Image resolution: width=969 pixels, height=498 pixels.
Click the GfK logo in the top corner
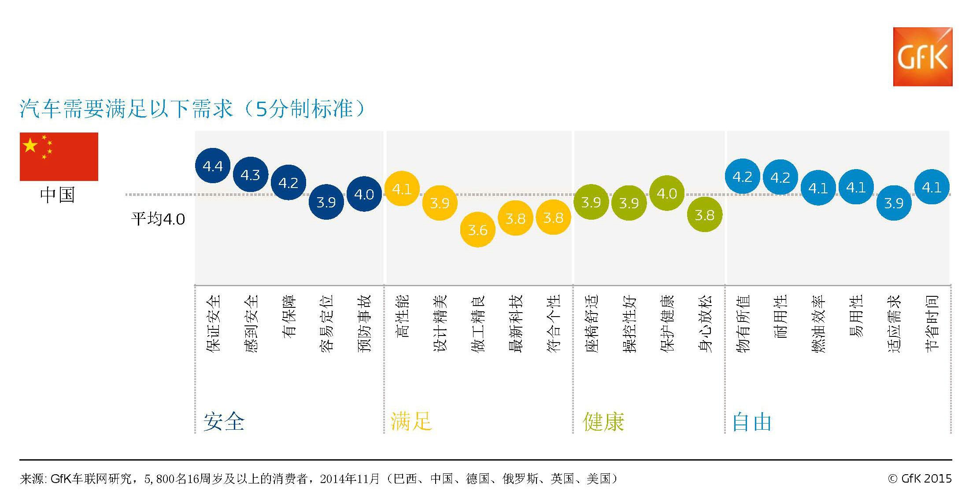pos(922,57)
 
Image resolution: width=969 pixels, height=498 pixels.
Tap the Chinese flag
pos(59,157)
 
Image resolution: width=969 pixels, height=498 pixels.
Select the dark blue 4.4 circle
pos(213,166)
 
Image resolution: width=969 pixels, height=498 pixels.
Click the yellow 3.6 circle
pos(477,229)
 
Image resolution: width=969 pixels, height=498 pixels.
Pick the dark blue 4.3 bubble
pos(250,175)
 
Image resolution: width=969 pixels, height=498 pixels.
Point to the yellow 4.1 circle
pos(402,189)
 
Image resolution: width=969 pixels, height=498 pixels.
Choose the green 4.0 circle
pos(666,193)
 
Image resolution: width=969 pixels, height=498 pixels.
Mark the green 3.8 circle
pos(704,214)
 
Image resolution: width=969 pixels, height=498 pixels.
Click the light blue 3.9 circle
pos(894,203)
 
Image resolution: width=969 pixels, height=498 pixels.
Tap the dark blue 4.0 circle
pos(364,194)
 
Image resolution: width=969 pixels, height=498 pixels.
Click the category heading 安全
pos(224,421)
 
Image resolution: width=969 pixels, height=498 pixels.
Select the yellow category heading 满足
pos(411,421)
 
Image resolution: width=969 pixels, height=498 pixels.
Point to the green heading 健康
pos(603,421)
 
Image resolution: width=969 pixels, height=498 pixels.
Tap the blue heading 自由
pos(752,422)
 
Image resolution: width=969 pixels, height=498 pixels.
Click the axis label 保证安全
pos(213,324)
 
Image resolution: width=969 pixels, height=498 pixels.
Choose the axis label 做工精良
pos(477,324)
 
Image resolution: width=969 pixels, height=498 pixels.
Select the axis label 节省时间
pos(932,324)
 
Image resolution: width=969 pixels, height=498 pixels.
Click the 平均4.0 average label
pos(158,219)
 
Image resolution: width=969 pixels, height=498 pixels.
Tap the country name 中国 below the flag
pos(58,195)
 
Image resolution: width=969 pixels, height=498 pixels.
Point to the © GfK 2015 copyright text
pos(920,479)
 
